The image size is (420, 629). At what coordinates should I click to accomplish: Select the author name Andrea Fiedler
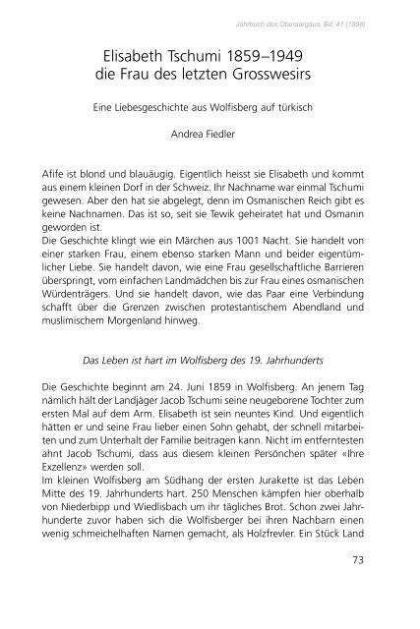pyautogui.click(x=210, y=135)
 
